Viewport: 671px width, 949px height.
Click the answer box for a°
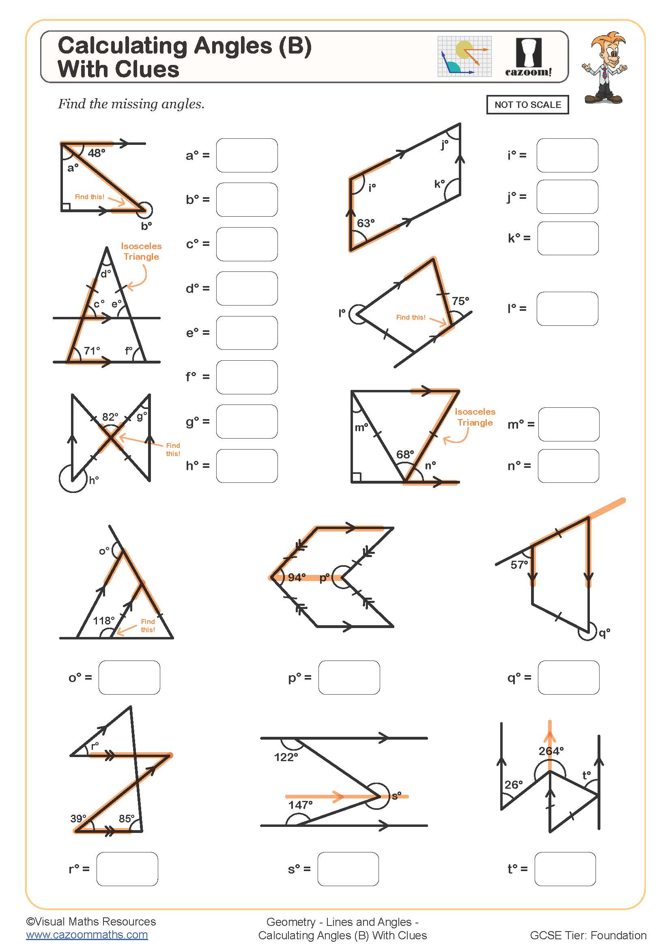(247, 155)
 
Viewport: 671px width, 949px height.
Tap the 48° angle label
(96, 153)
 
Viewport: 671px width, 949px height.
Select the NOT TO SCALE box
(527, 105)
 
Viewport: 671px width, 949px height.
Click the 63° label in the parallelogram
(366, 223)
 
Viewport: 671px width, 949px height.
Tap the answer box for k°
(568, 238)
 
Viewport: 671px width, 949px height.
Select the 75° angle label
(460, 301)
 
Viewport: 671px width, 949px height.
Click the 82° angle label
(110, 417)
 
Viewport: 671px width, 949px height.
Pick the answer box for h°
(247, 466)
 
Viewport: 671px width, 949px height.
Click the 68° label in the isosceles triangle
(405, 455)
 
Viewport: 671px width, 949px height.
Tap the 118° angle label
(103, 621)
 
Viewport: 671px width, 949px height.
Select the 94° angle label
(297, 577)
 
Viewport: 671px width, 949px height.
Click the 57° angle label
(519, 565)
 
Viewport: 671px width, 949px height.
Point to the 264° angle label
(551, 751)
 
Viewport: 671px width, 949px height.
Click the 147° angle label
(300, 805)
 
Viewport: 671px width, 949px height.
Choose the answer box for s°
(348, 869)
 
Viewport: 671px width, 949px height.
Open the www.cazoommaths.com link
(87, 934)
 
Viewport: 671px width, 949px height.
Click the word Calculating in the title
(122, 46)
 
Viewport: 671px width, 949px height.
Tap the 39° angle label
(78, 818)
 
